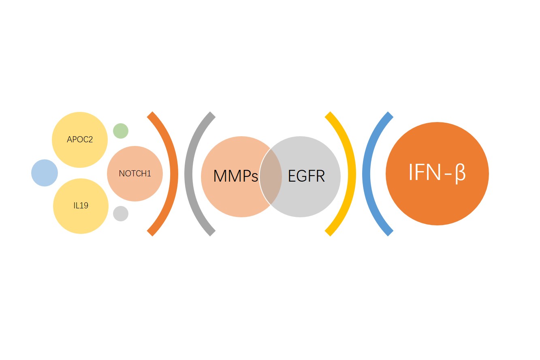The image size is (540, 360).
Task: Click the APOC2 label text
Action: (x=80, y=139)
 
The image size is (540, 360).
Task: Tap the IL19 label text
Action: (x=81, y=206)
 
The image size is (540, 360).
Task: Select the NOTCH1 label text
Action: (x=135, y=174)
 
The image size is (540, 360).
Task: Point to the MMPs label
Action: (x=235, y=176)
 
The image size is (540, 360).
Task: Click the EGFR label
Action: (x=306, y=176)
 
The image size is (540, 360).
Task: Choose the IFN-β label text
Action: (x=437, y=173)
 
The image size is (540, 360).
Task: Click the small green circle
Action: (x=121, y=131)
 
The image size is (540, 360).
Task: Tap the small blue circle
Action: (x=45, y=173)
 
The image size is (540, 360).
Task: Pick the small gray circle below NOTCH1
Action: (x=121, y=214)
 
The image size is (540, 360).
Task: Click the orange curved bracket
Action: (x=174, y=174)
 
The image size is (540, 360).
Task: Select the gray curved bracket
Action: (x=188, y=174)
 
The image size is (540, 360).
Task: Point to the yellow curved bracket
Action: (x=352, y=174)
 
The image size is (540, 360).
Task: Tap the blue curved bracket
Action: (x=366, y=174)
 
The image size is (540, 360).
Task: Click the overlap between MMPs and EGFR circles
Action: (x=271, y=177)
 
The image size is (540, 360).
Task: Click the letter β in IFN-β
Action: (x=460, y=174)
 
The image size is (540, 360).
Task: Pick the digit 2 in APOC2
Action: (x=90, y=139)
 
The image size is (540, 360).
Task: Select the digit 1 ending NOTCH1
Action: (x=149, y=174)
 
